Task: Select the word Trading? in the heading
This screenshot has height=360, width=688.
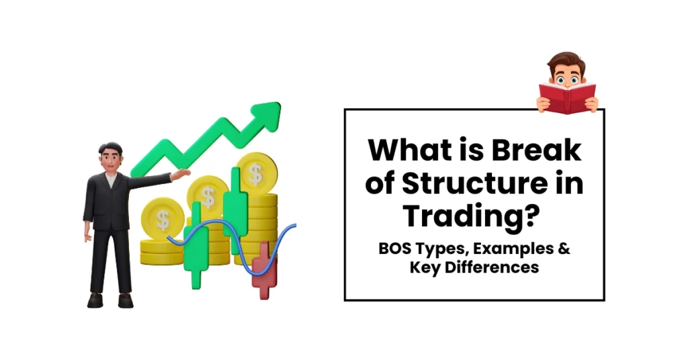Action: coord(474,216)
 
